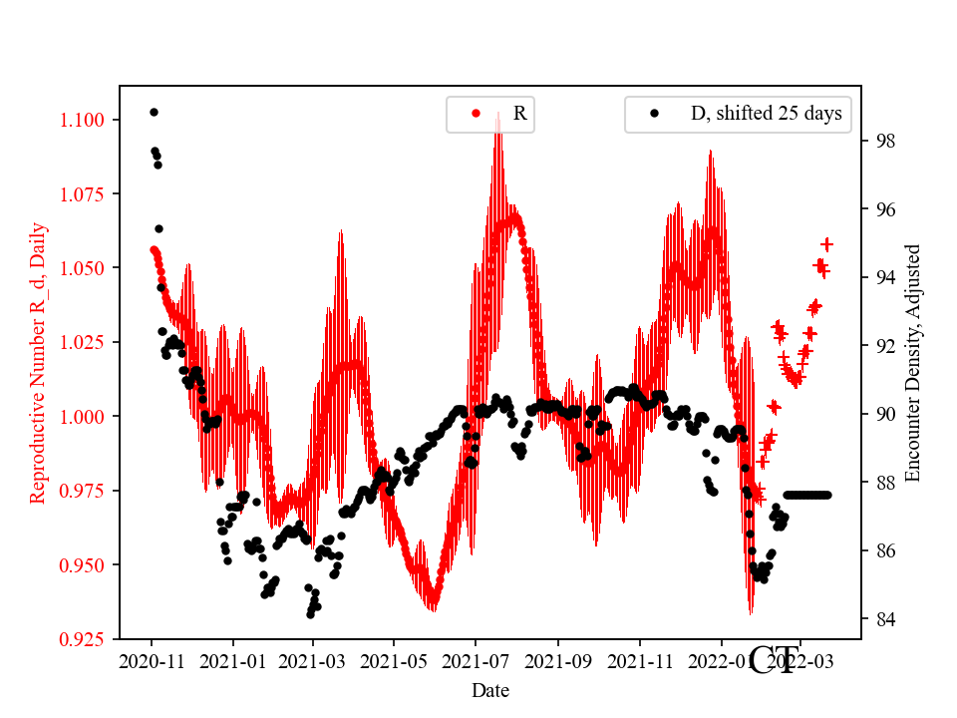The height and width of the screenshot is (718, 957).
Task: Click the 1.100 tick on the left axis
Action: click(84, 121)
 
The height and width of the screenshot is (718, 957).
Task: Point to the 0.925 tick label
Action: click(84, 638)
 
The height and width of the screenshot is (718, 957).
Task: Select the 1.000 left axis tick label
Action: click(84, 417)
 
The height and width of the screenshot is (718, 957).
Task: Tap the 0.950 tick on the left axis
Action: click(84, 564)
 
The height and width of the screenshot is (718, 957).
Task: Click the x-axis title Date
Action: click(490, 689)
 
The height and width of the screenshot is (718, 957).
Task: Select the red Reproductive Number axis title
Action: click(38, 362)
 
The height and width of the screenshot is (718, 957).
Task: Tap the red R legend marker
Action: click(476, 114)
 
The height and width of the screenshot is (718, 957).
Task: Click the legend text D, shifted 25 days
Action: click(766, 114)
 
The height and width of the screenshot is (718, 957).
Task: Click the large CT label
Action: click(774, 660)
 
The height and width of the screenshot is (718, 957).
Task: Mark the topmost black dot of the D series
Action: click(154, 112)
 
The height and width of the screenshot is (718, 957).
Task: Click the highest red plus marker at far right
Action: click(826, 244)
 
